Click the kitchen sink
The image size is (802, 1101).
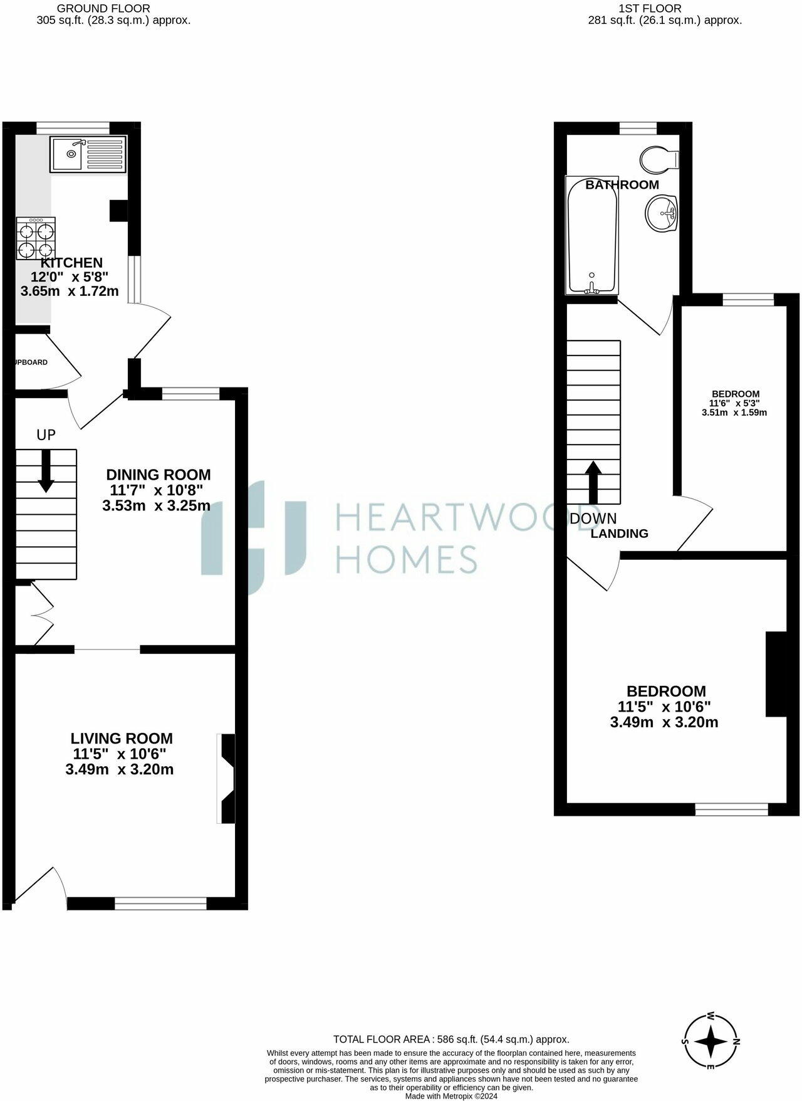(88, 154)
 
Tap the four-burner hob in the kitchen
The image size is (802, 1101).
(36, 239)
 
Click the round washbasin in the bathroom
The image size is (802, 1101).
(662, 213)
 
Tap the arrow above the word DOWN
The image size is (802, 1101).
(593, 482)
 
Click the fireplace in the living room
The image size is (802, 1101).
(227, 777)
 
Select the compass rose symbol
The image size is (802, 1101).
(711, 1043)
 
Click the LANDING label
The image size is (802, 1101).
(619, 534)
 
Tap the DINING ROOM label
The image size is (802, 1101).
(158, 475)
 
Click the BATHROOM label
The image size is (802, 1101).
(622, 184)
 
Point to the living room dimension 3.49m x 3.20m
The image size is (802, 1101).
(119, 769)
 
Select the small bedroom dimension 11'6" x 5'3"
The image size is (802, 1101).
(735, 403)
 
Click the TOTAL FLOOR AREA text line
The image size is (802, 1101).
(450, 1039)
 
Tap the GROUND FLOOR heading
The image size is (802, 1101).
(103, 8)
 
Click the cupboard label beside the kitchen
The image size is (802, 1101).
(31, 362)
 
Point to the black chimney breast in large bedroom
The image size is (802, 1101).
(776, 673)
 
